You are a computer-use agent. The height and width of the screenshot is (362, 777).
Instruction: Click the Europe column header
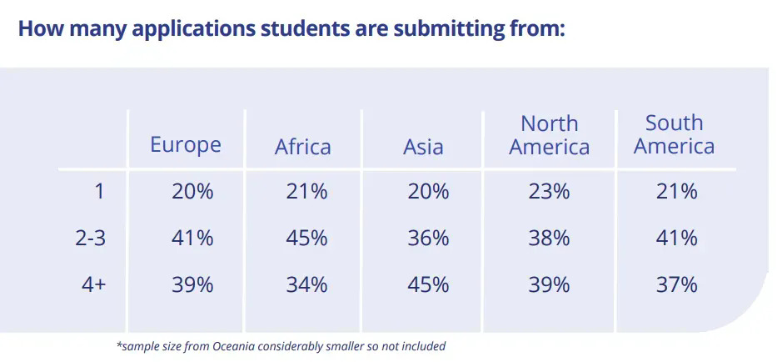(x=185, y=144)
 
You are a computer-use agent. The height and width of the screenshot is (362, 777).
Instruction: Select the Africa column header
(x=302, y=148)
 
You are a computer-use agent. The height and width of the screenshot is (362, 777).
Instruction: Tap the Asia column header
(x=423, y=148)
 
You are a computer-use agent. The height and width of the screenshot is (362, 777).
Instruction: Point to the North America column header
(x=549, y=135)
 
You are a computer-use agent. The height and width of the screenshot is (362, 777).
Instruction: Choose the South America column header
(x=674, y=134)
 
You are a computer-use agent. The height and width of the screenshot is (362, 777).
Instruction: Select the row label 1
(x=99, y=191)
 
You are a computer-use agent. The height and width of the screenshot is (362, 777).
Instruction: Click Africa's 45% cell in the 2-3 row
(x=306, y=238)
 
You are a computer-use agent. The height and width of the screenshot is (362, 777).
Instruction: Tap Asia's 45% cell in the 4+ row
(x=428, y=284)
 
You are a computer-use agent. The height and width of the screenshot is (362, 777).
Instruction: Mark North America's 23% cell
(x=549, y=191)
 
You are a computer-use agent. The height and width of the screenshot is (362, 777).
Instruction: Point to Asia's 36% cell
(x=428, y=238)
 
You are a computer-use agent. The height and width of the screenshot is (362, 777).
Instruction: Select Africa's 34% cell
(x=306, y=284)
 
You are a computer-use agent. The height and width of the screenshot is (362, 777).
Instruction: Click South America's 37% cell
(x=676, y=284)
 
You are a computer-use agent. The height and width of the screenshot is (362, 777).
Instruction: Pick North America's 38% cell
(x=549, y=238)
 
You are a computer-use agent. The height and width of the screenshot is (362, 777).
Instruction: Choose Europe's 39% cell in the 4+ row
(x=192, y=284)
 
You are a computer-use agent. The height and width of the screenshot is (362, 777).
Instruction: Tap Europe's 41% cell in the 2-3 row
(x=192, y=238)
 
